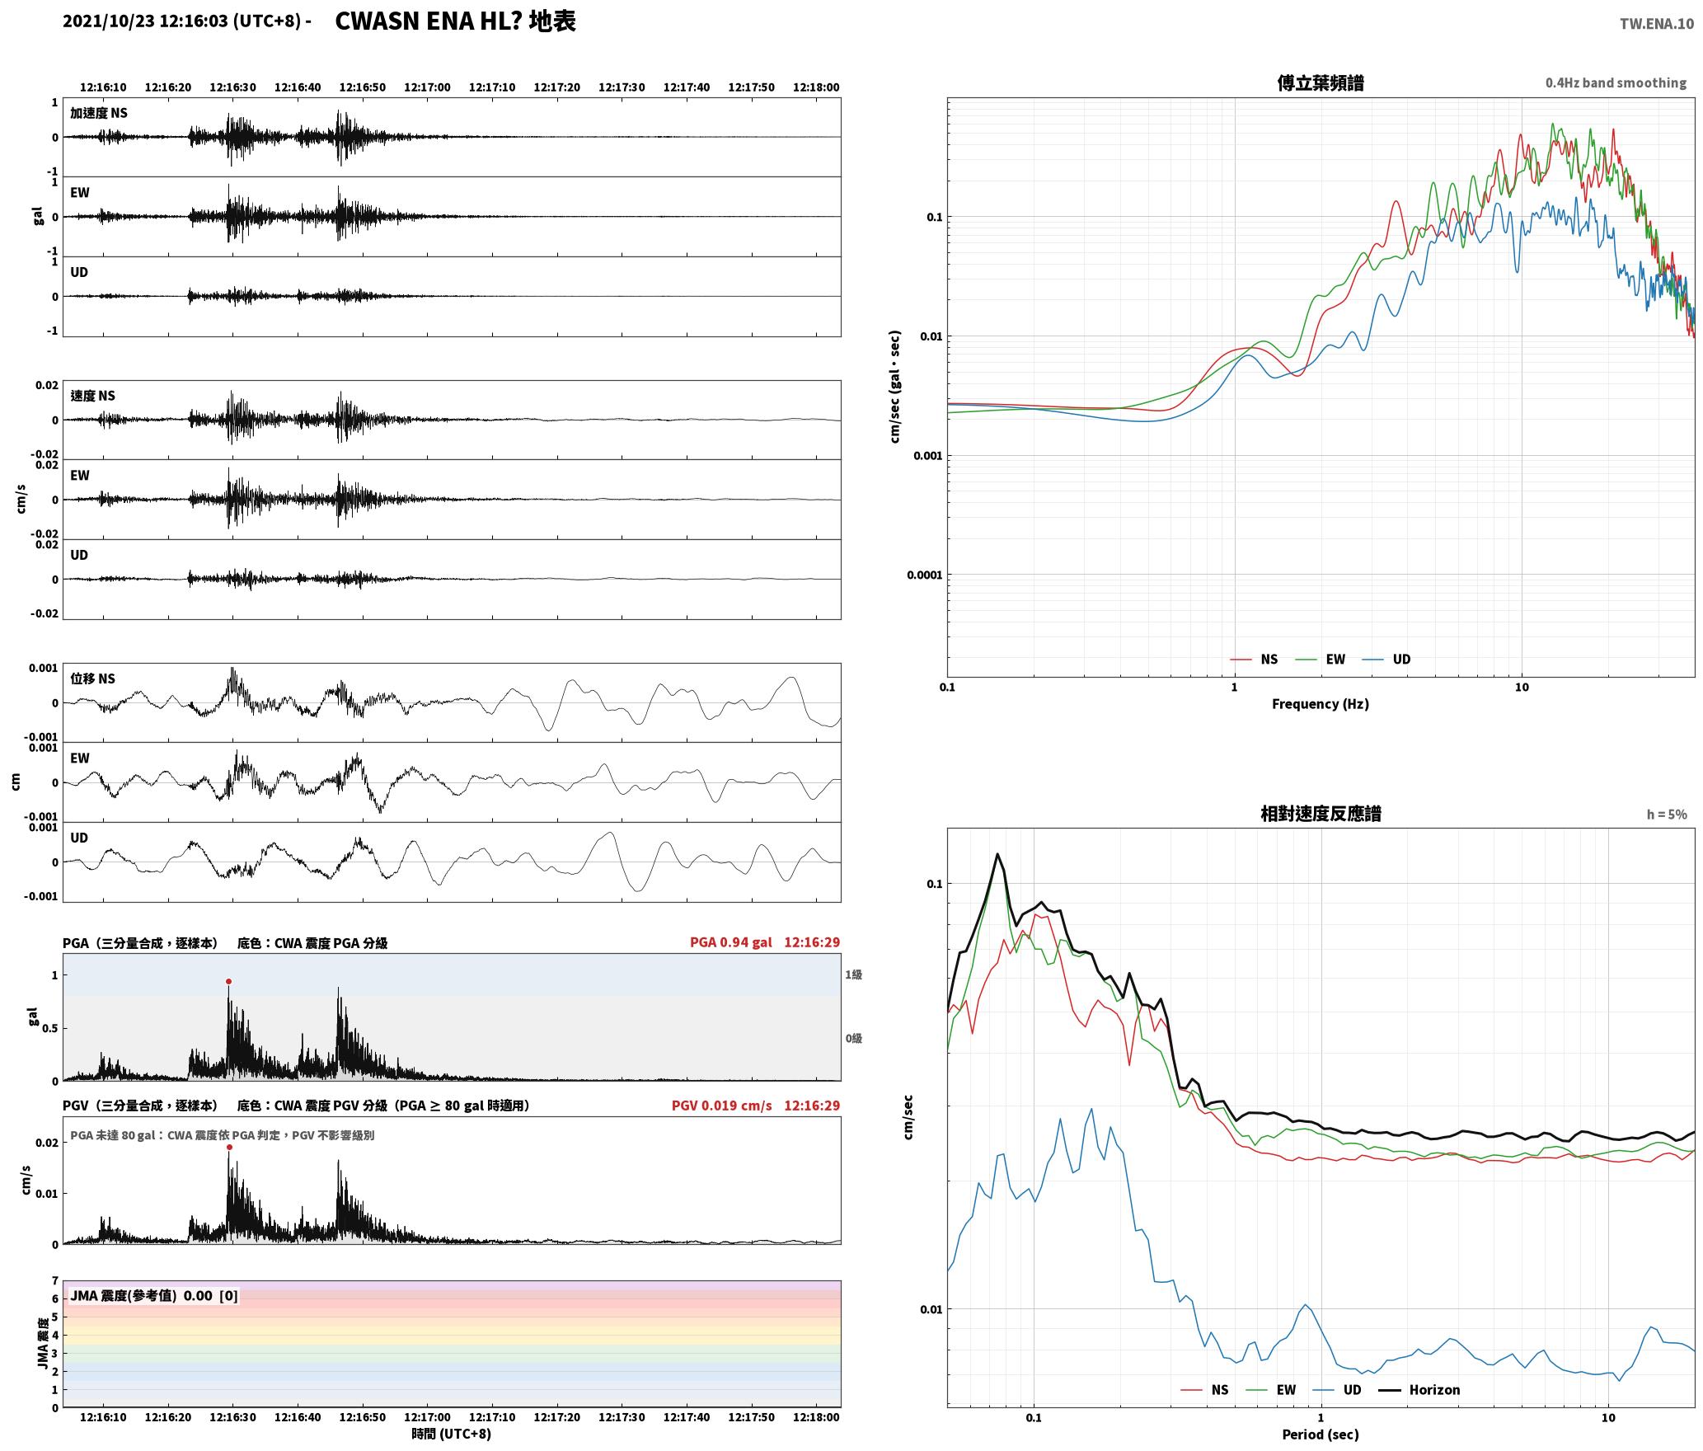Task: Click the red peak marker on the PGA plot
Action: point(228,982)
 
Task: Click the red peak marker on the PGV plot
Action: point(229,1148)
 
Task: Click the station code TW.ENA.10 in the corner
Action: point(1657,24)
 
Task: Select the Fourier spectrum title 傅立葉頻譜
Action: point(1320,83)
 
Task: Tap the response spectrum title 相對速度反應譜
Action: point(1321,814)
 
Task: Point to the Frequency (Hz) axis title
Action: point(1320,704)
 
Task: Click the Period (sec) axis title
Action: point(1320,1435)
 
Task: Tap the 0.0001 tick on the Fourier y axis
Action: point(924,575)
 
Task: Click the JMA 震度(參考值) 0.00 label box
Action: point(154,1296)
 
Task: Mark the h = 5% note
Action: point(1667,815)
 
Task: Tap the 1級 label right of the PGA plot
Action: point(853,975)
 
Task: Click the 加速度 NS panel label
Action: point(99,113)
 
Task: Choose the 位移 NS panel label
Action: point(92,679)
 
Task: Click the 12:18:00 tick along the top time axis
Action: point(816,87)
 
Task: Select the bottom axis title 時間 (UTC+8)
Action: point(451,1434)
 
